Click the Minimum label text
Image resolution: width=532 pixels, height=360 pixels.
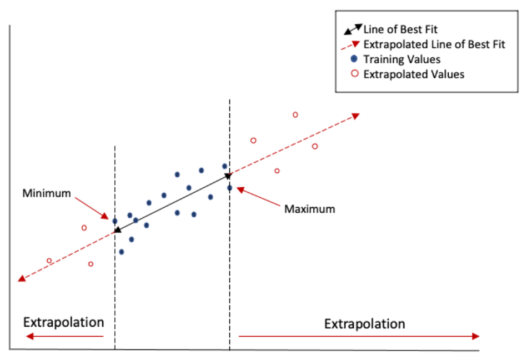point(47,193)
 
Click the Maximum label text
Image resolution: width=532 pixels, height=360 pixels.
point(309,209)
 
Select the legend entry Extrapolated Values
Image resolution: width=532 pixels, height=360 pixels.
point(413,74)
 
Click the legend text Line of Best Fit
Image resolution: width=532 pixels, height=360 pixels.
point(400,29)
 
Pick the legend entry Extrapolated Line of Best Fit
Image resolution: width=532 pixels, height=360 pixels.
point(434,44)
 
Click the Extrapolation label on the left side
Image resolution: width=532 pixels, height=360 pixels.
point(63,322)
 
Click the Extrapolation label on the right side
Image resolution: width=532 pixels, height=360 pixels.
point(364,323)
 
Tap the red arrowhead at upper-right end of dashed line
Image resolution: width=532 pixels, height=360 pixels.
point(356,116)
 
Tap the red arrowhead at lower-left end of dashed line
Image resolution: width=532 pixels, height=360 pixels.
point(22,278)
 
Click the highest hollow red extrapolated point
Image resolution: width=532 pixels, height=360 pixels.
point(295,114)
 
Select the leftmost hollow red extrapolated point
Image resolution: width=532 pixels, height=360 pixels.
point(49,261)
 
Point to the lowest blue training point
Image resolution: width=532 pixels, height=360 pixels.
point(121,252)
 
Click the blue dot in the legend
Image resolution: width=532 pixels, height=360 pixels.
point(354,59)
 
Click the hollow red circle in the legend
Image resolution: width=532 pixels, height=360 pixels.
point(354,74)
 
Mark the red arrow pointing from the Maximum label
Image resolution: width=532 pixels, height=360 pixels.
point(258,197)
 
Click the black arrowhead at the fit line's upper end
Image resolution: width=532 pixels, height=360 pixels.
point(228,176)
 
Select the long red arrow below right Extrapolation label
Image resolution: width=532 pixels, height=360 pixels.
point(359,336)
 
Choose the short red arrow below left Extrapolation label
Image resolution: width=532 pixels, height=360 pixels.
point(65,336)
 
